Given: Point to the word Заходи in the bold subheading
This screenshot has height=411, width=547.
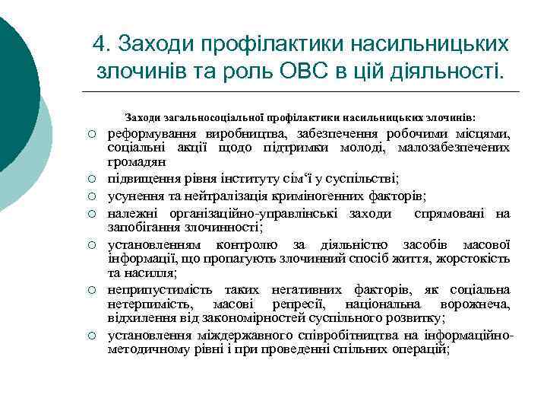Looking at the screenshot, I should pyautogui.click(x=143, y=118).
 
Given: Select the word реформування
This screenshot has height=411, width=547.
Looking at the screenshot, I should pyautogui.click(x=156, y=135).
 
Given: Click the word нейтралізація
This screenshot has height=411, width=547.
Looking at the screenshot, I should pyautogui.click(x=237, y=196).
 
